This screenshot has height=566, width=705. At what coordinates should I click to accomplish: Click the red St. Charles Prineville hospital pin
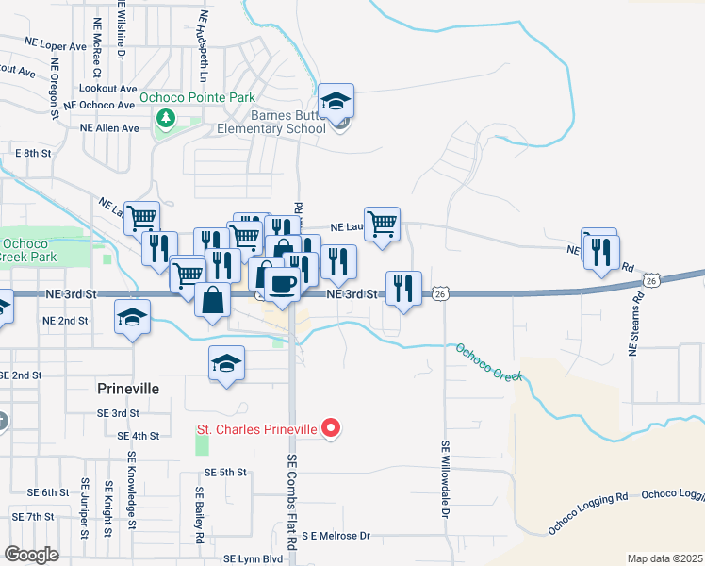click(x=330, y=429)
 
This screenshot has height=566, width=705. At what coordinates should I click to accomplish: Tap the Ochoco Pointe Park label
click(x=198, y=97)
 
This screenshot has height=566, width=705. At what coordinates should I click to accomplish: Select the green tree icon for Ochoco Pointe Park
click(x=166, y=118)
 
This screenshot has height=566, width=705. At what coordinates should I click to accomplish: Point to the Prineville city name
click(x=129, y=388)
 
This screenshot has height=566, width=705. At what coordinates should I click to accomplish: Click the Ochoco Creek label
click(x=489, y=362)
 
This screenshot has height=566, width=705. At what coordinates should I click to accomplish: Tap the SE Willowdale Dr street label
click(x=445, y=480)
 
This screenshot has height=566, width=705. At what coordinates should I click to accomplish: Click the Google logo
click(x=32, y=554)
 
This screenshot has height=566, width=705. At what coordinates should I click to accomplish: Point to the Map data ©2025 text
click(x=664, y=558)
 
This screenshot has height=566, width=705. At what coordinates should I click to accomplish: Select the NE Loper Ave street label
click(x=57, y=45)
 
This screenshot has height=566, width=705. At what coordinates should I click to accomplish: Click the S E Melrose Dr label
click(x=336, y=535)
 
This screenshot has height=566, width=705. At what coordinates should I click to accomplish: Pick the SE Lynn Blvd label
click(x=254, y=558)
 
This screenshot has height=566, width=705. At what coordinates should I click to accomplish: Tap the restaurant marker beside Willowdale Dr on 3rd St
click(x=404, y=288)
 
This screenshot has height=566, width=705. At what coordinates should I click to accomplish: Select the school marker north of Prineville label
click(x=226, y=364)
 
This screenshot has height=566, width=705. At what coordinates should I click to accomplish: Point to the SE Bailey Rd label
click(x=200, y=517)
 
